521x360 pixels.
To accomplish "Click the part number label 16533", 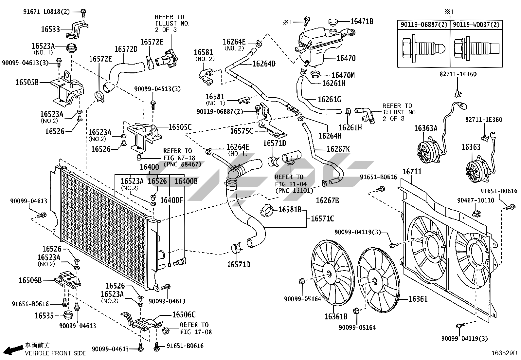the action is pos(50,29).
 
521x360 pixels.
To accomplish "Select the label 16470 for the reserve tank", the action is pos(346,58).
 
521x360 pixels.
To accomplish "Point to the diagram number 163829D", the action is pos(504,353).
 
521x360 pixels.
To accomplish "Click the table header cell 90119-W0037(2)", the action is pos(476,25).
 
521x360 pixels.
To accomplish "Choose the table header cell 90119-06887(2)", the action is pos(424,25).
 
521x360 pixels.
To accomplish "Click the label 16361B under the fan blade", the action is pos(336,316).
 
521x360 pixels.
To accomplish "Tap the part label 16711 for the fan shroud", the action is pos(412,172).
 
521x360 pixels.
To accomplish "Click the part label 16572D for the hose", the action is pos(126,49).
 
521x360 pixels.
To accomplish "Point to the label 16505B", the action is pos(27,83).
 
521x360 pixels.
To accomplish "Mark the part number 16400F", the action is pos(171,200).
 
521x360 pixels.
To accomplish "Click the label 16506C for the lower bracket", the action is pos(184,314).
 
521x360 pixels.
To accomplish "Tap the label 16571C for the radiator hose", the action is pos(322,219).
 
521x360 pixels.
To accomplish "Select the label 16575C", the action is pos(242,131).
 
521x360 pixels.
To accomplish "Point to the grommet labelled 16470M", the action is pos(315,74).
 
